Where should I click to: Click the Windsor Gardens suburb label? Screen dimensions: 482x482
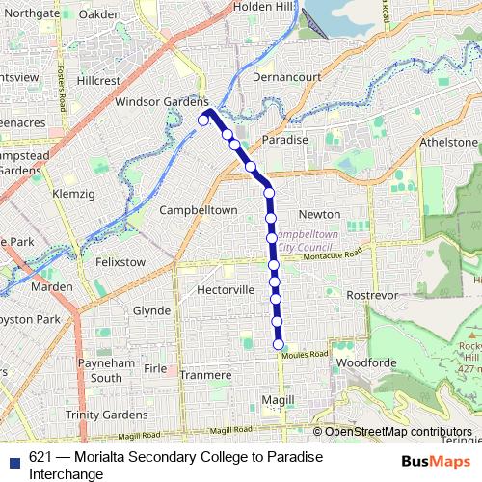coord(161,101)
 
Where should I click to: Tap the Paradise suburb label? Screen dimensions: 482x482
coord(285,140)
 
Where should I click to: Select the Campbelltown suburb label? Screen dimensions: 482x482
coord(198,209)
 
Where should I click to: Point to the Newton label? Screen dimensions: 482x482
coord(319,214)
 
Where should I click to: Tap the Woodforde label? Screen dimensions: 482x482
coord(367,362)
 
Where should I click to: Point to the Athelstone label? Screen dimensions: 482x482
coord(448,143)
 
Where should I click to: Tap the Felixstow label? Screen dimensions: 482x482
coord(120,261)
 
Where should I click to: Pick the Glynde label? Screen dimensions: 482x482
coord(150,310)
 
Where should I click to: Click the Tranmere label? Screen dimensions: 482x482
coord(205,375)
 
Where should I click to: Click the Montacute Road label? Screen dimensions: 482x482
coord(332,255)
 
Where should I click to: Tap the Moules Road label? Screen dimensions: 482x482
coord(306,355)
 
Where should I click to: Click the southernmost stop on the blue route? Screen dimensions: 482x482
coord(279,344)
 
